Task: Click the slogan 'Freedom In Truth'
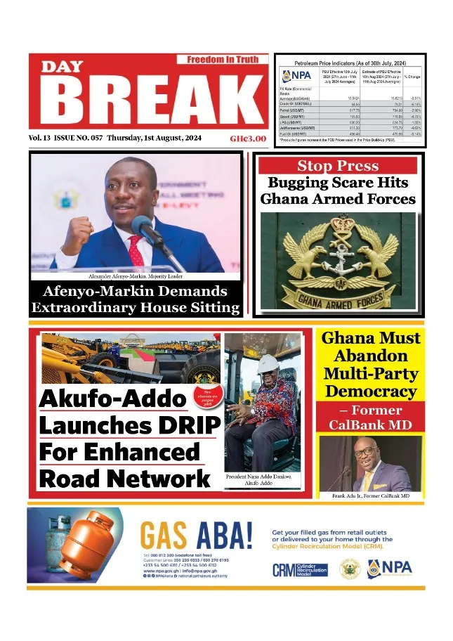[x=223, y=60]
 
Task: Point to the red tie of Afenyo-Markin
[x=136, y=250]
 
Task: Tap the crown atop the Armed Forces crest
[x=344, y=224]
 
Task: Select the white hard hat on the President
[x=268, y=364]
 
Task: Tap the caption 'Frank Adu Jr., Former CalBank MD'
[x=370, y=496]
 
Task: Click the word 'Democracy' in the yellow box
[x=371, y=391]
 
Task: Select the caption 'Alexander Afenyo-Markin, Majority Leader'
[x=134, y=276]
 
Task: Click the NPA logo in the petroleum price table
[x=296, y=76]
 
